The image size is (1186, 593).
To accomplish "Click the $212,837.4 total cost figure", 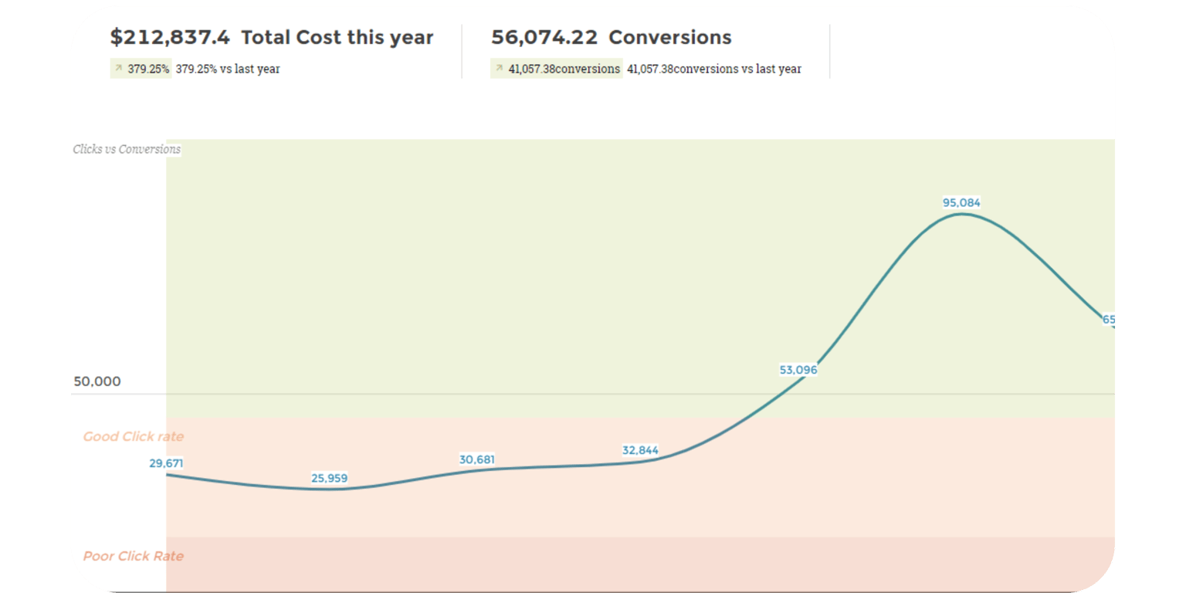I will (x=170, y=38).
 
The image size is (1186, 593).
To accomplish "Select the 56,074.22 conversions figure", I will (x=545, y=38).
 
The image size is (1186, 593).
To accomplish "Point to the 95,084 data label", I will (x=961, y=203).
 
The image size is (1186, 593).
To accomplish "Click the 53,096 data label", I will (x=798, y=370).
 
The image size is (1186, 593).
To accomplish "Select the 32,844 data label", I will (x=640, y=451).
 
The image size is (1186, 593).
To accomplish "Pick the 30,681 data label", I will (x=477, y=459).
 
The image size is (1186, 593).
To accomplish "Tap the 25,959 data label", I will (x=329, y=478).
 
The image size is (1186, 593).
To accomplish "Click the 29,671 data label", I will (x=166, y=463).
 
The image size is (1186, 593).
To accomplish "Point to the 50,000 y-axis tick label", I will (x=97, y=381).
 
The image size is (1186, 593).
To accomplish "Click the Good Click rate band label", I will (x=134, y=437).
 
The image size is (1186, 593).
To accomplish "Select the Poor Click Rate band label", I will (x=134, y=557).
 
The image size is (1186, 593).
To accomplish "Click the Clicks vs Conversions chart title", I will (x=127, y=149).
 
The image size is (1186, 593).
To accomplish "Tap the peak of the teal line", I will (x=961, y=214).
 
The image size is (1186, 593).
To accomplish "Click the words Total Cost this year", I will (x=337, y=38).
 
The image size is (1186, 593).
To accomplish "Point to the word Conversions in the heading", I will (x=670, y=38).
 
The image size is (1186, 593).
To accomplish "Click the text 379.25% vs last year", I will (x=228, y=69).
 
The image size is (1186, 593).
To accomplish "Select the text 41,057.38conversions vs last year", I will (x=714, y=69).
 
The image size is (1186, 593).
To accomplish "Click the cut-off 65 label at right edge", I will (x=1109, y=320).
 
